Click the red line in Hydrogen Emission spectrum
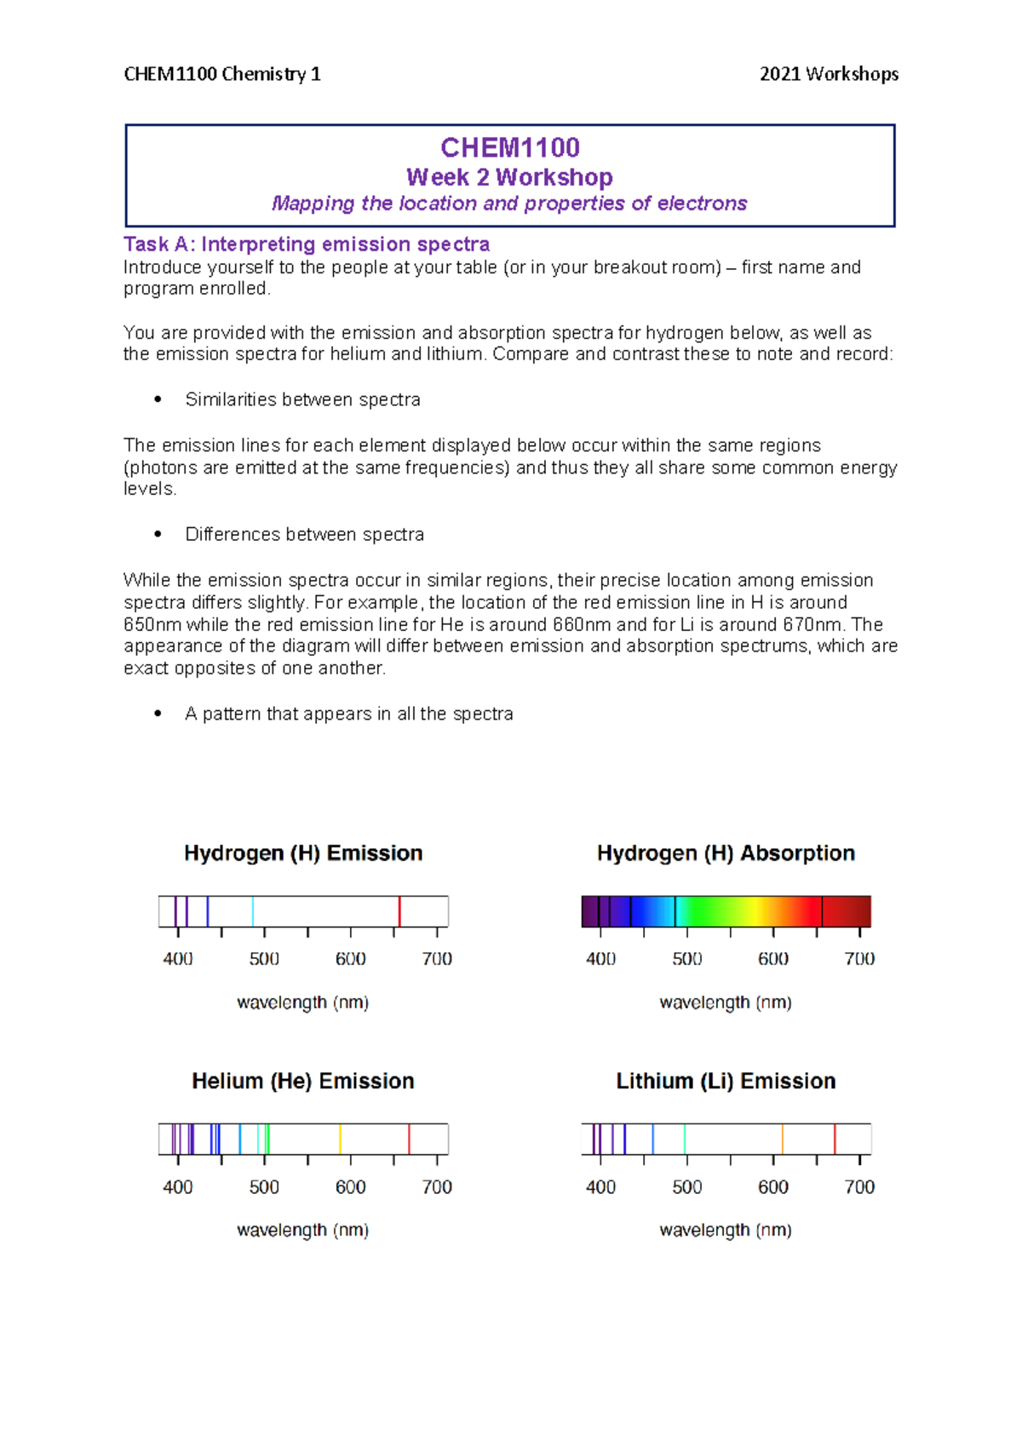point(399,911)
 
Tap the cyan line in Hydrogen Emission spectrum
point(253,911)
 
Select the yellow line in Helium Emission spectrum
point(340,1139)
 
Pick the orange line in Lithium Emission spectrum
point(782,1139)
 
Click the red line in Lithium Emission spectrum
point(835,1139)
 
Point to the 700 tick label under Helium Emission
point(437,1187)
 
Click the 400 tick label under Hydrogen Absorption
point(600,959)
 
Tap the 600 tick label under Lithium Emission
point(773,1187)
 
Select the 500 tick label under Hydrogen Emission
point(264,959)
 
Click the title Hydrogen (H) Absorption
point(726,853)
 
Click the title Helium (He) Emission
point(302,1081)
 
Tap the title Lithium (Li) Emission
point(726,1081)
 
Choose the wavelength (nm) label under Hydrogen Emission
point(302,1002)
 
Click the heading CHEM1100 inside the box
point(509,147)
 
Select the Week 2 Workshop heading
point(509,177)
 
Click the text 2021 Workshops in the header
point(829,74)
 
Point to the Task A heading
point(306,244)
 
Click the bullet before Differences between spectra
point(158,534)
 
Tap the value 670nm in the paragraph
point(808,624)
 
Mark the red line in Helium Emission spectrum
point(409,1139)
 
